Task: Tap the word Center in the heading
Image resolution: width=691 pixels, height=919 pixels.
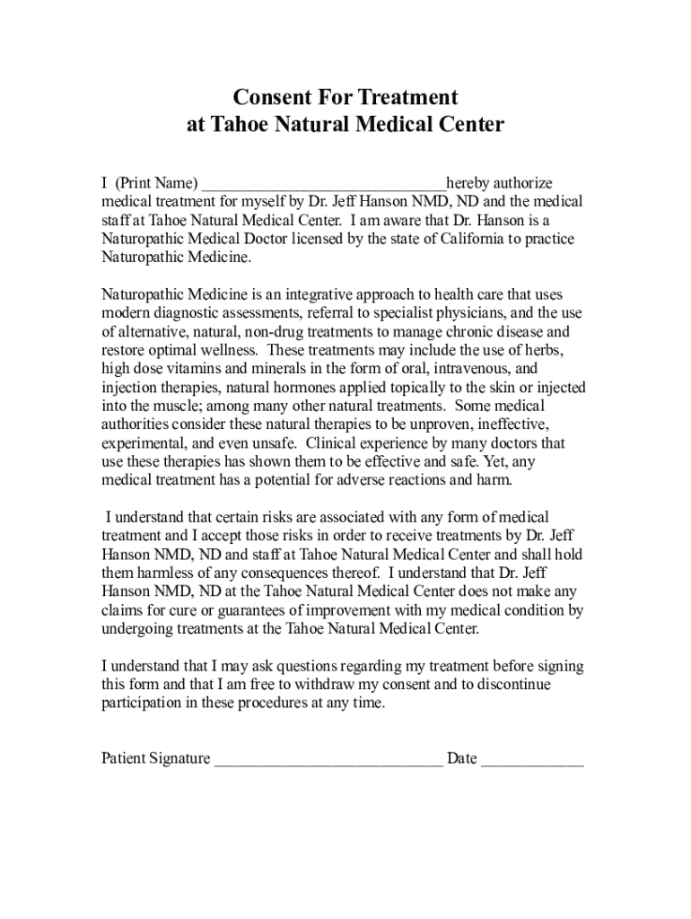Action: (x=467, y=124)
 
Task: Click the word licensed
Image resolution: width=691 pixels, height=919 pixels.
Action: (x=316, y=239)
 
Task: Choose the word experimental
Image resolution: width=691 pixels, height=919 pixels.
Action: (x=144, y=443)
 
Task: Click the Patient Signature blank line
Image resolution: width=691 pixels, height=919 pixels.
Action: (x=328, y=760)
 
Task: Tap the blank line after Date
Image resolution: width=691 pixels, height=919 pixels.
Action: (x=532, y=760)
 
